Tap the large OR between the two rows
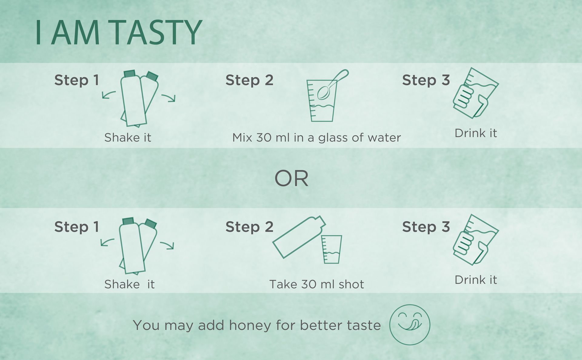pos(291,178)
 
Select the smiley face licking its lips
pos(410,325)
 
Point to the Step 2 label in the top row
pos(249,80)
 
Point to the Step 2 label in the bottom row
pos(249,227)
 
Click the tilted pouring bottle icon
pos(299,237)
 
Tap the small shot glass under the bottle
pos(331,249)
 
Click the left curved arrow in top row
pos(109,95)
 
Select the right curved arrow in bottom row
pos(167,245)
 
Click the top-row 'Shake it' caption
pos(128,138)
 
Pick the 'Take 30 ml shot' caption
pos(316,284)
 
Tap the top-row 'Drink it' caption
pos(476,133)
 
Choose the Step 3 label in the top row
pos(426,80)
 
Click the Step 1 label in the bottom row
pos(77,227)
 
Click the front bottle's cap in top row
pos(129,74)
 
